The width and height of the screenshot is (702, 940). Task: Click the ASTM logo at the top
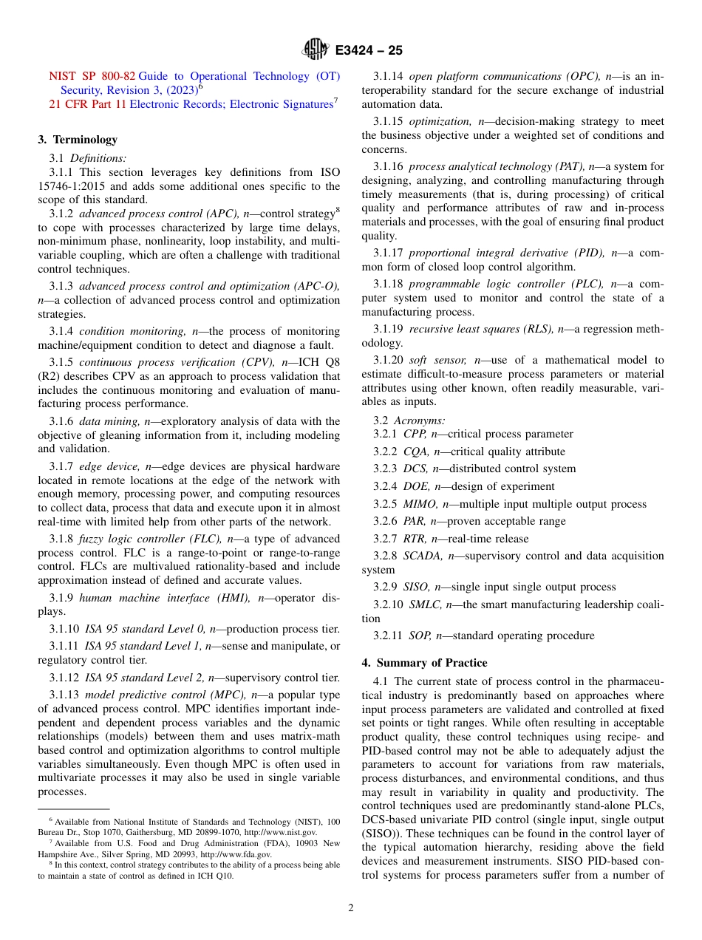[315, 50]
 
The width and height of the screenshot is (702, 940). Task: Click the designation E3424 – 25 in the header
[369, 51]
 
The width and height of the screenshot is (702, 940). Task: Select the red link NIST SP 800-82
[92, 76]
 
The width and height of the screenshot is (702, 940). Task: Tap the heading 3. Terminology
[78, 140]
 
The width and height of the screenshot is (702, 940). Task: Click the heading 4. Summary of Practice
[424, 663]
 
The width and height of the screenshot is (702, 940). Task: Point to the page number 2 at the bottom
[351, 908]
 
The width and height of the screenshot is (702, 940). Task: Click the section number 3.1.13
[65, 695]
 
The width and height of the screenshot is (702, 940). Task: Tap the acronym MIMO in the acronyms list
[419, 504]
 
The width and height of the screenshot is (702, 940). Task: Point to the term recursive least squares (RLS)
[480, 329]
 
